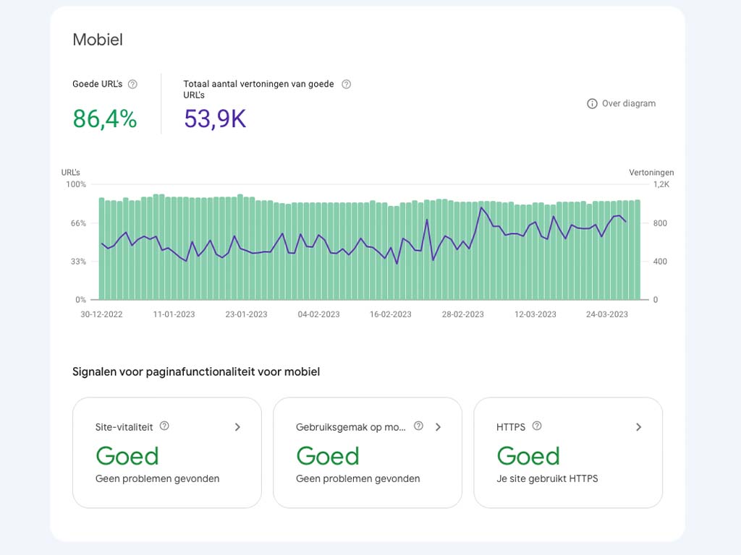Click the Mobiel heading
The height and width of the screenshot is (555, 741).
(98, 40)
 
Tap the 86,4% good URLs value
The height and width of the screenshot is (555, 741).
(105, 119)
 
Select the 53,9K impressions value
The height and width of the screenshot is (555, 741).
(215, 119)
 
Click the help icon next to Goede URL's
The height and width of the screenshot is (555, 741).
(132, 84)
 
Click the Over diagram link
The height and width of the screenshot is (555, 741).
(621, 103)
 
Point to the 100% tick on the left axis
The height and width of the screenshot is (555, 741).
(76, 184)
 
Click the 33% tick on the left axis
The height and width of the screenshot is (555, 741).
(77, 262)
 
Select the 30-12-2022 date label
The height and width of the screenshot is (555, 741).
(101, 314)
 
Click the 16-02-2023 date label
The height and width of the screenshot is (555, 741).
(391, 314)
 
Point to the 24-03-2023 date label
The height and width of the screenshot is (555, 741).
(607, 314)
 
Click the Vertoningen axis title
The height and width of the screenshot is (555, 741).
(651, 173)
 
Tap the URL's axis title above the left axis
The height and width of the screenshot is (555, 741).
(71, 173)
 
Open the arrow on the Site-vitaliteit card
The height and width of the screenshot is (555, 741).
(237, 427)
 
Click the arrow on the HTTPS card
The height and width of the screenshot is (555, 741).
(638, 427)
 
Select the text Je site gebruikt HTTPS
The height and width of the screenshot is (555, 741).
(547, 478)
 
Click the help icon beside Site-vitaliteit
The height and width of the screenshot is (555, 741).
(164, 426)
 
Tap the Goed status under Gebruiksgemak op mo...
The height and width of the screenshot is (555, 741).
(327, 456)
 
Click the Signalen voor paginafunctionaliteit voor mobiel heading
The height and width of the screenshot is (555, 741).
(196, 372)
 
